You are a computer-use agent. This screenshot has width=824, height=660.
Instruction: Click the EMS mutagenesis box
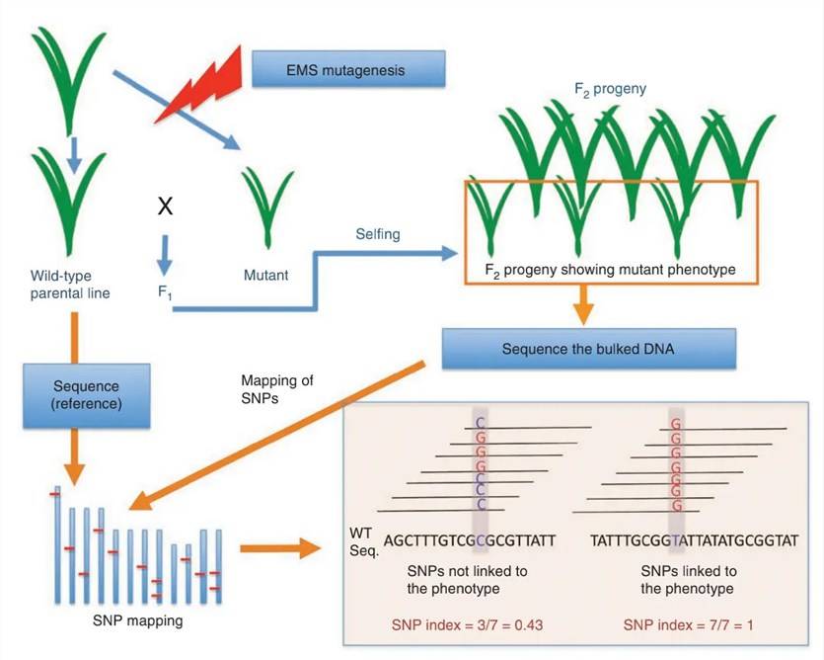(348, 70)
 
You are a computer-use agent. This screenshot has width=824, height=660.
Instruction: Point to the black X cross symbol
(167, 206)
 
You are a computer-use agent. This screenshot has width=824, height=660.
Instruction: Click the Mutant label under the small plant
(265, 276)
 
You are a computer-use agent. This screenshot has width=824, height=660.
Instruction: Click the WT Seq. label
(364, 542)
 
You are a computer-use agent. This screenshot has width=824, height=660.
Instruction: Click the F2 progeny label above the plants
(612, 88)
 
